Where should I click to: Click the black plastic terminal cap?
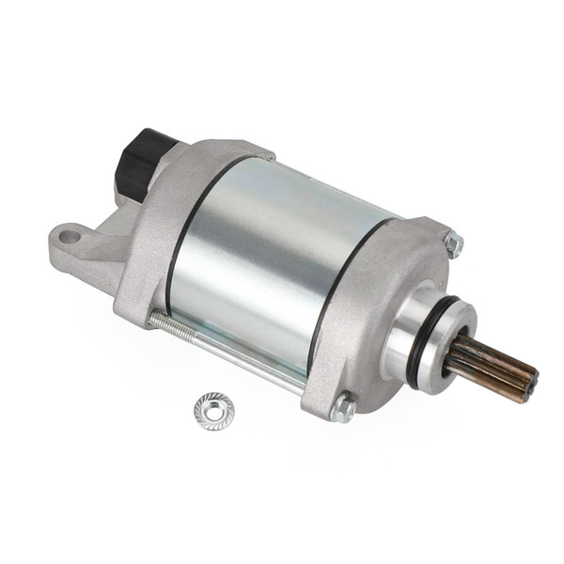144,160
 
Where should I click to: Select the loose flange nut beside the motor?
214,410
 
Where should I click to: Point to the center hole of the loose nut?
214,409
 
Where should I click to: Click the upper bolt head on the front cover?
454,244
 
